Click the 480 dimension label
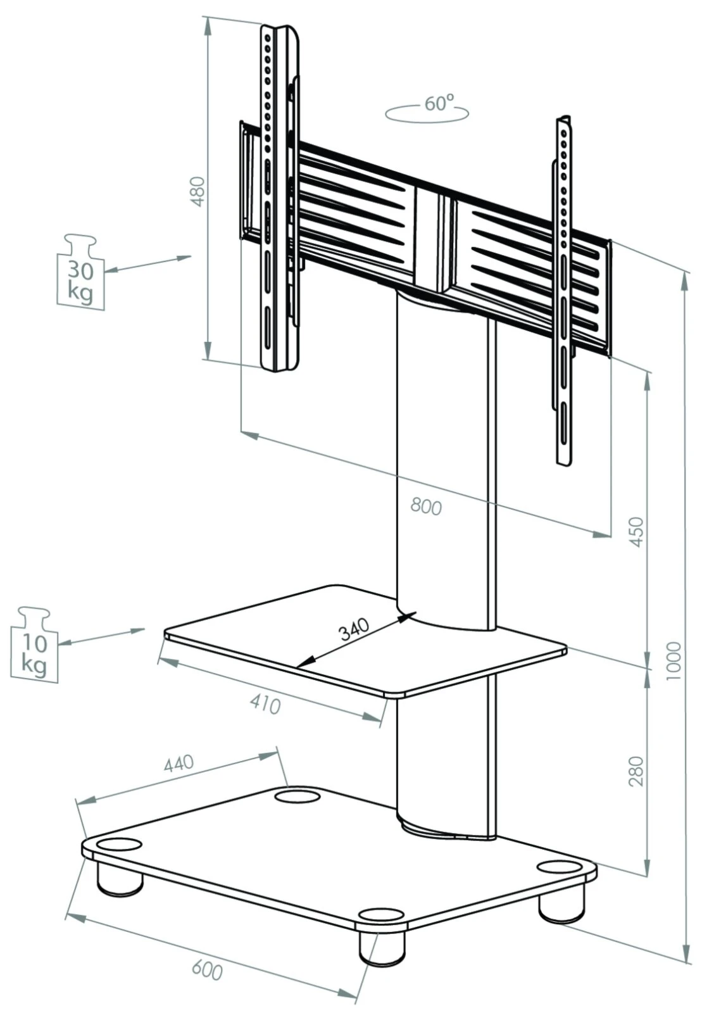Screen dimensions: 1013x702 pyautogui.click(x=199, y=191)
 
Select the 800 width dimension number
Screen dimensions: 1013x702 pyautogui.click(x=425, y=506)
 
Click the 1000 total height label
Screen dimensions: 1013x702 pyautogui.click(x=675, y=662)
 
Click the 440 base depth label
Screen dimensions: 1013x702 pyautogui.click(x=179, y=764)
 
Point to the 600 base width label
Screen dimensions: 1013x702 pyautogui.click(x=207, y=969)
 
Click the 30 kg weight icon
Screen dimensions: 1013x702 pyautogui.click(x=80, y=270)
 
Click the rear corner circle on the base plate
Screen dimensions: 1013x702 pyautogui.click(x=298, y=795)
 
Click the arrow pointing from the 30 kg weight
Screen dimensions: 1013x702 pyautogui.click(x=147, y=264)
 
